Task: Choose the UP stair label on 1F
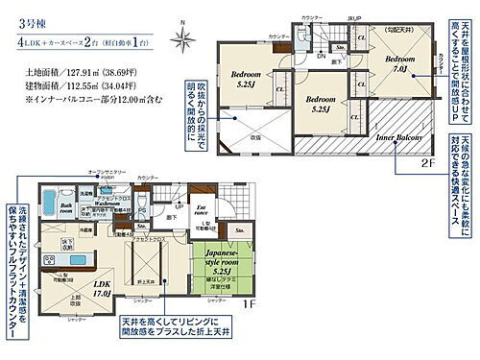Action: pos(179,204)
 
